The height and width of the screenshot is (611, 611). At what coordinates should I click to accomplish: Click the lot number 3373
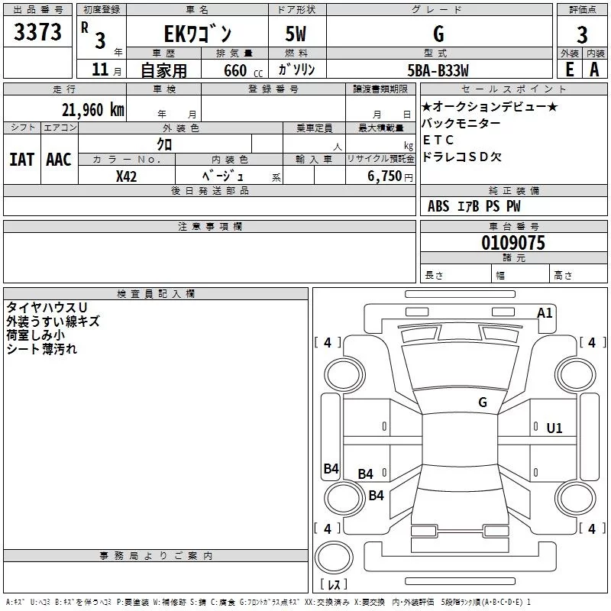(x=37, y=31)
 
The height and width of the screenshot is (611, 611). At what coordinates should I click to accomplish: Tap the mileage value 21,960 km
(x=92, y=110)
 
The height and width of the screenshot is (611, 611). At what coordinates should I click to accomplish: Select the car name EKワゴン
(x=198, y=34)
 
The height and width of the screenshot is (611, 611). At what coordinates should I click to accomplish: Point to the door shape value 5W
(x=296, y=34)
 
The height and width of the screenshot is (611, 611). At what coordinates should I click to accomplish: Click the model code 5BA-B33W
(x=438, y=70)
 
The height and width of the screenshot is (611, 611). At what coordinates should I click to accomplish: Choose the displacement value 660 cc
(x=243, y=71)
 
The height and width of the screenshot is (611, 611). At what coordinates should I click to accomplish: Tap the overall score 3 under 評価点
(x=582, y=35)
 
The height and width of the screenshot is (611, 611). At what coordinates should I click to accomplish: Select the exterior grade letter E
(x=570, y=70)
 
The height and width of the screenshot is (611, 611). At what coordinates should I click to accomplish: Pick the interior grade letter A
(x=594, y=70)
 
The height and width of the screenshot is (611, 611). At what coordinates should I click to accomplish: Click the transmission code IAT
(x=21, y=160)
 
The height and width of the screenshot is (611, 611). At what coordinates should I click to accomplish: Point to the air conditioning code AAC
(x=59, y=160)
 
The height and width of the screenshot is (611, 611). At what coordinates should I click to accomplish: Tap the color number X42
(x=126, y=176)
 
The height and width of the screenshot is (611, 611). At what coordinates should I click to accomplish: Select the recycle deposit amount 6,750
(x=385, y=176)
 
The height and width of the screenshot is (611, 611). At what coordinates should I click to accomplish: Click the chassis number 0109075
(x=513, y=243)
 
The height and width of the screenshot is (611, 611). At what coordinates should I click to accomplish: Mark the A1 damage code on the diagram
(x=545, y=313)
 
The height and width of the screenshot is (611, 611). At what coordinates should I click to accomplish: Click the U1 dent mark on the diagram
(x=554, y=428)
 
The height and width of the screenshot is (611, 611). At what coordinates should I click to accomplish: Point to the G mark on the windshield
(x=483, y=402)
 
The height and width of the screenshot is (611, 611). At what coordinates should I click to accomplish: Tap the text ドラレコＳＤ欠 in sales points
(x=462, y=157)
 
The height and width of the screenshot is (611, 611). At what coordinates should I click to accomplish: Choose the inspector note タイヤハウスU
(x=47, y=308)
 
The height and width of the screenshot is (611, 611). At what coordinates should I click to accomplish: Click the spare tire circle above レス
(x=334, y=558)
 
